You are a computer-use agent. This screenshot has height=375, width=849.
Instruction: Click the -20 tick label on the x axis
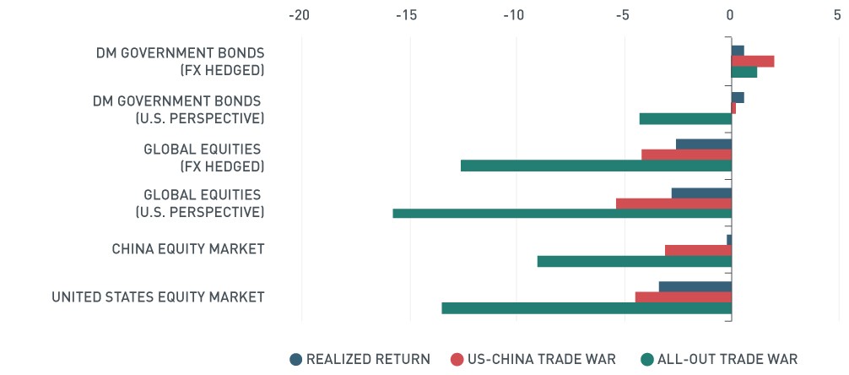pos(300,15)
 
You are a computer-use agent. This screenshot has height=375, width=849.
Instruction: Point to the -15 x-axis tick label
pos(407,15)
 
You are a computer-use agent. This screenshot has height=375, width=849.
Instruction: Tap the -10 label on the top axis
pos(514,15)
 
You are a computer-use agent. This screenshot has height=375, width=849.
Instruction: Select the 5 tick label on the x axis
pos(837,15)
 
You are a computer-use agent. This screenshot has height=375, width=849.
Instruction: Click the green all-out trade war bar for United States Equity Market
pos(587,308)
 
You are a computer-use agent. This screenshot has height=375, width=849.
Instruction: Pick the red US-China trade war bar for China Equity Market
pos(698,250)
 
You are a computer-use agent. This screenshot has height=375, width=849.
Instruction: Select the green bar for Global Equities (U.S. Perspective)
pos(562,213)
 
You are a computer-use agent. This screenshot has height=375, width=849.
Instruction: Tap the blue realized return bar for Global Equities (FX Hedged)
pos(703,144)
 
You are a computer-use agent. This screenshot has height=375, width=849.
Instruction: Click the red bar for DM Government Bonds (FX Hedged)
pos(753,62)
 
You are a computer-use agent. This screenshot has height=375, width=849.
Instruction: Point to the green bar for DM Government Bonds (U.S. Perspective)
pos(685,119)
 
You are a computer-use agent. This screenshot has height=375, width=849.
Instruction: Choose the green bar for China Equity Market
pos(635,261)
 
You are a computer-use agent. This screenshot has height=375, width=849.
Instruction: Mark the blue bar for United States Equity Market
pos(695,286)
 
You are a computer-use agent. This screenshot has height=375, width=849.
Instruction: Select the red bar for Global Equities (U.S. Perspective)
pos(673,204)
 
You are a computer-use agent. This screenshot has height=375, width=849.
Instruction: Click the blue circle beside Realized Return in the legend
pos(295,359)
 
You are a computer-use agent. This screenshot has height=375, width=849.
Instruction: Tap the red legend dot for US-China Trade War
pos(457,359)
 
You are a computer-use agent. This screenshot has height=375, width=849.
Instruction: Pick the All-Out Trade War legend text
pos(727,359)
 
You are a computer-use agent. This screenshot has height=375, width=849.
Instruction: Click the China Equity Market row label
pos(188,249)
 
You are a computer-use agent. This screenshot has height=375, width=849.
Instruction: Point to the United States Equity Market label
pos(158,297)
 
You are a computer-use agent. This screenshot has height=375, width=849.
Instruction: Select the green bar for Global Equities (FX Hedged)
pos(596,166)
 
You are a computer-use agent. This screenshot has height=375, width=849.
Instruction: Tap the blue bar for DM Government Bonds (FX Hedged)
pos(738,51)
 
